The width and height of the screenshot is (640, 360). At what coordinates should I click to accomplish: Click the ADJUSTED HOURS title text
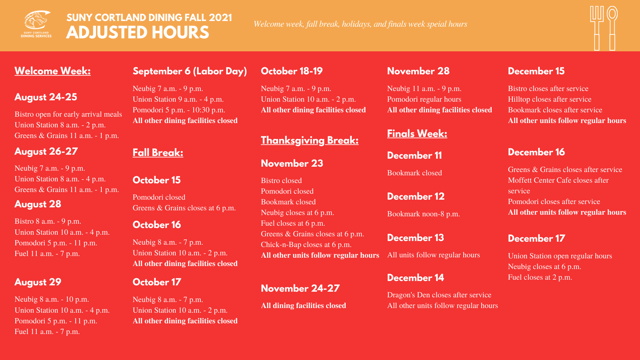pos(137,33)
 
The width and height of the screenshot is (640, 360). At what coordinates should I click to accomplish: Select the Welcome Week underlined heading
pos(52,71)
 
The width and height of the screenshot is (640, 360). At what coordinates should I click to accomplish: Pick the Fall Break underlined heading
pos(158,153)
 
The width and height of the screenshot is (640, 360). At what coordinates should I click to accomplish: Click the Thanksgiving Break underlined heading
pos(309,140)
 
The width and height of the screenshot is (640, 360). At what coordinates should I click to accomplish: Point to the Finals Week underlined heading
pos(417,134)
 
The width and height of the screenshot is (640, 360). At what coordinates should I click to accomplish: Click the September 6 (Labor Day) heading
pos(190,71)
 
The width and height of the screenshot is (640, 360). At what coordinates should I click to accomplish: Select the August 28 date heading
pos(38,204)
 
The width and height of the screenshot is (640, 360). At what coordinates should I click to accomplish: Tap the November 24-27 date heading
pos(300,288)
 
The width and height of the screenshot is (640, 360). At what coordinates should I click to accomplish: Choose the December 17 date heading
pos(536,238)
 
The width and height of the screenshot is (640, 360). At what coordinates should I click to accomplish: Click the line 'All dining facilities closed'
pos(303,305)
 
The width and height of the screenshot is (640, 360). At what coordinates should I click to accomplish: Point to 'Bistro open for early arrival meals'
pos(68,114)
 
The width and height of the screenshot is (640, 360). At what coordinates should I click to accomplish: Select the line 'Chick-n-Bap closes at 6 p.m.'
pos(306,244)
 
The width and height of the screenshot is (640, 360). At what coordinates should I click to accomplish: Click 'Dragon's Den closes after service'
pos(439,295)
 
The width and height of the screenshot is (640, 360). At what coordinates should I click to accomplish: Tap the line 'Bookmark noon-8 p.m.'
pos(423,214)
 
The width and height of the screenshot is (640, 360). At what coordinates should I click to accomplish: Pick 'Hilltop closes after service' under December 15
pos(549,99)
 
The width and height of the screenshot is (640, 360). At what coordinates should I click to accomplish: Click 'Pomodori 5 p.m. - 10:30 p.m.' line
pos(179,110)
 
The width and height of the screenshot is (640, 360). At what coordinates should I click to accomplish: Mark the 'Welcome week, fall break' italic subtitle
pos(360,24)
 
